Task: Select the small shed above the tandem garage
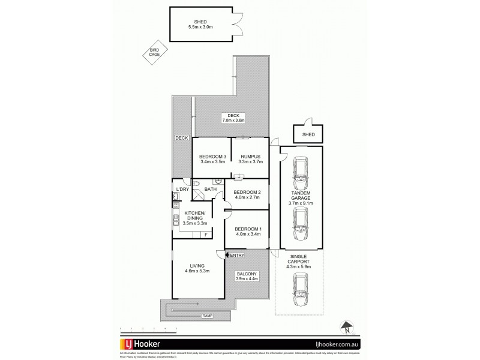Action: (308, 134)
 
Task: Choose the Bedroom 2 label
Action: (247, 193)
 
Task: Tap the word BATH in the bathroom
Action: (210, 190)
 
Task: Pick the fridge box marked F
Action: (206, 235)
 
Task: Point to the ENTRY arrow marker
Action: (227, 256)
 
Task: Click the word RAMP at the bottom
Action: (208, 315)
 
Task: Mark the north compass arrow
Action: (347, 327)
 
